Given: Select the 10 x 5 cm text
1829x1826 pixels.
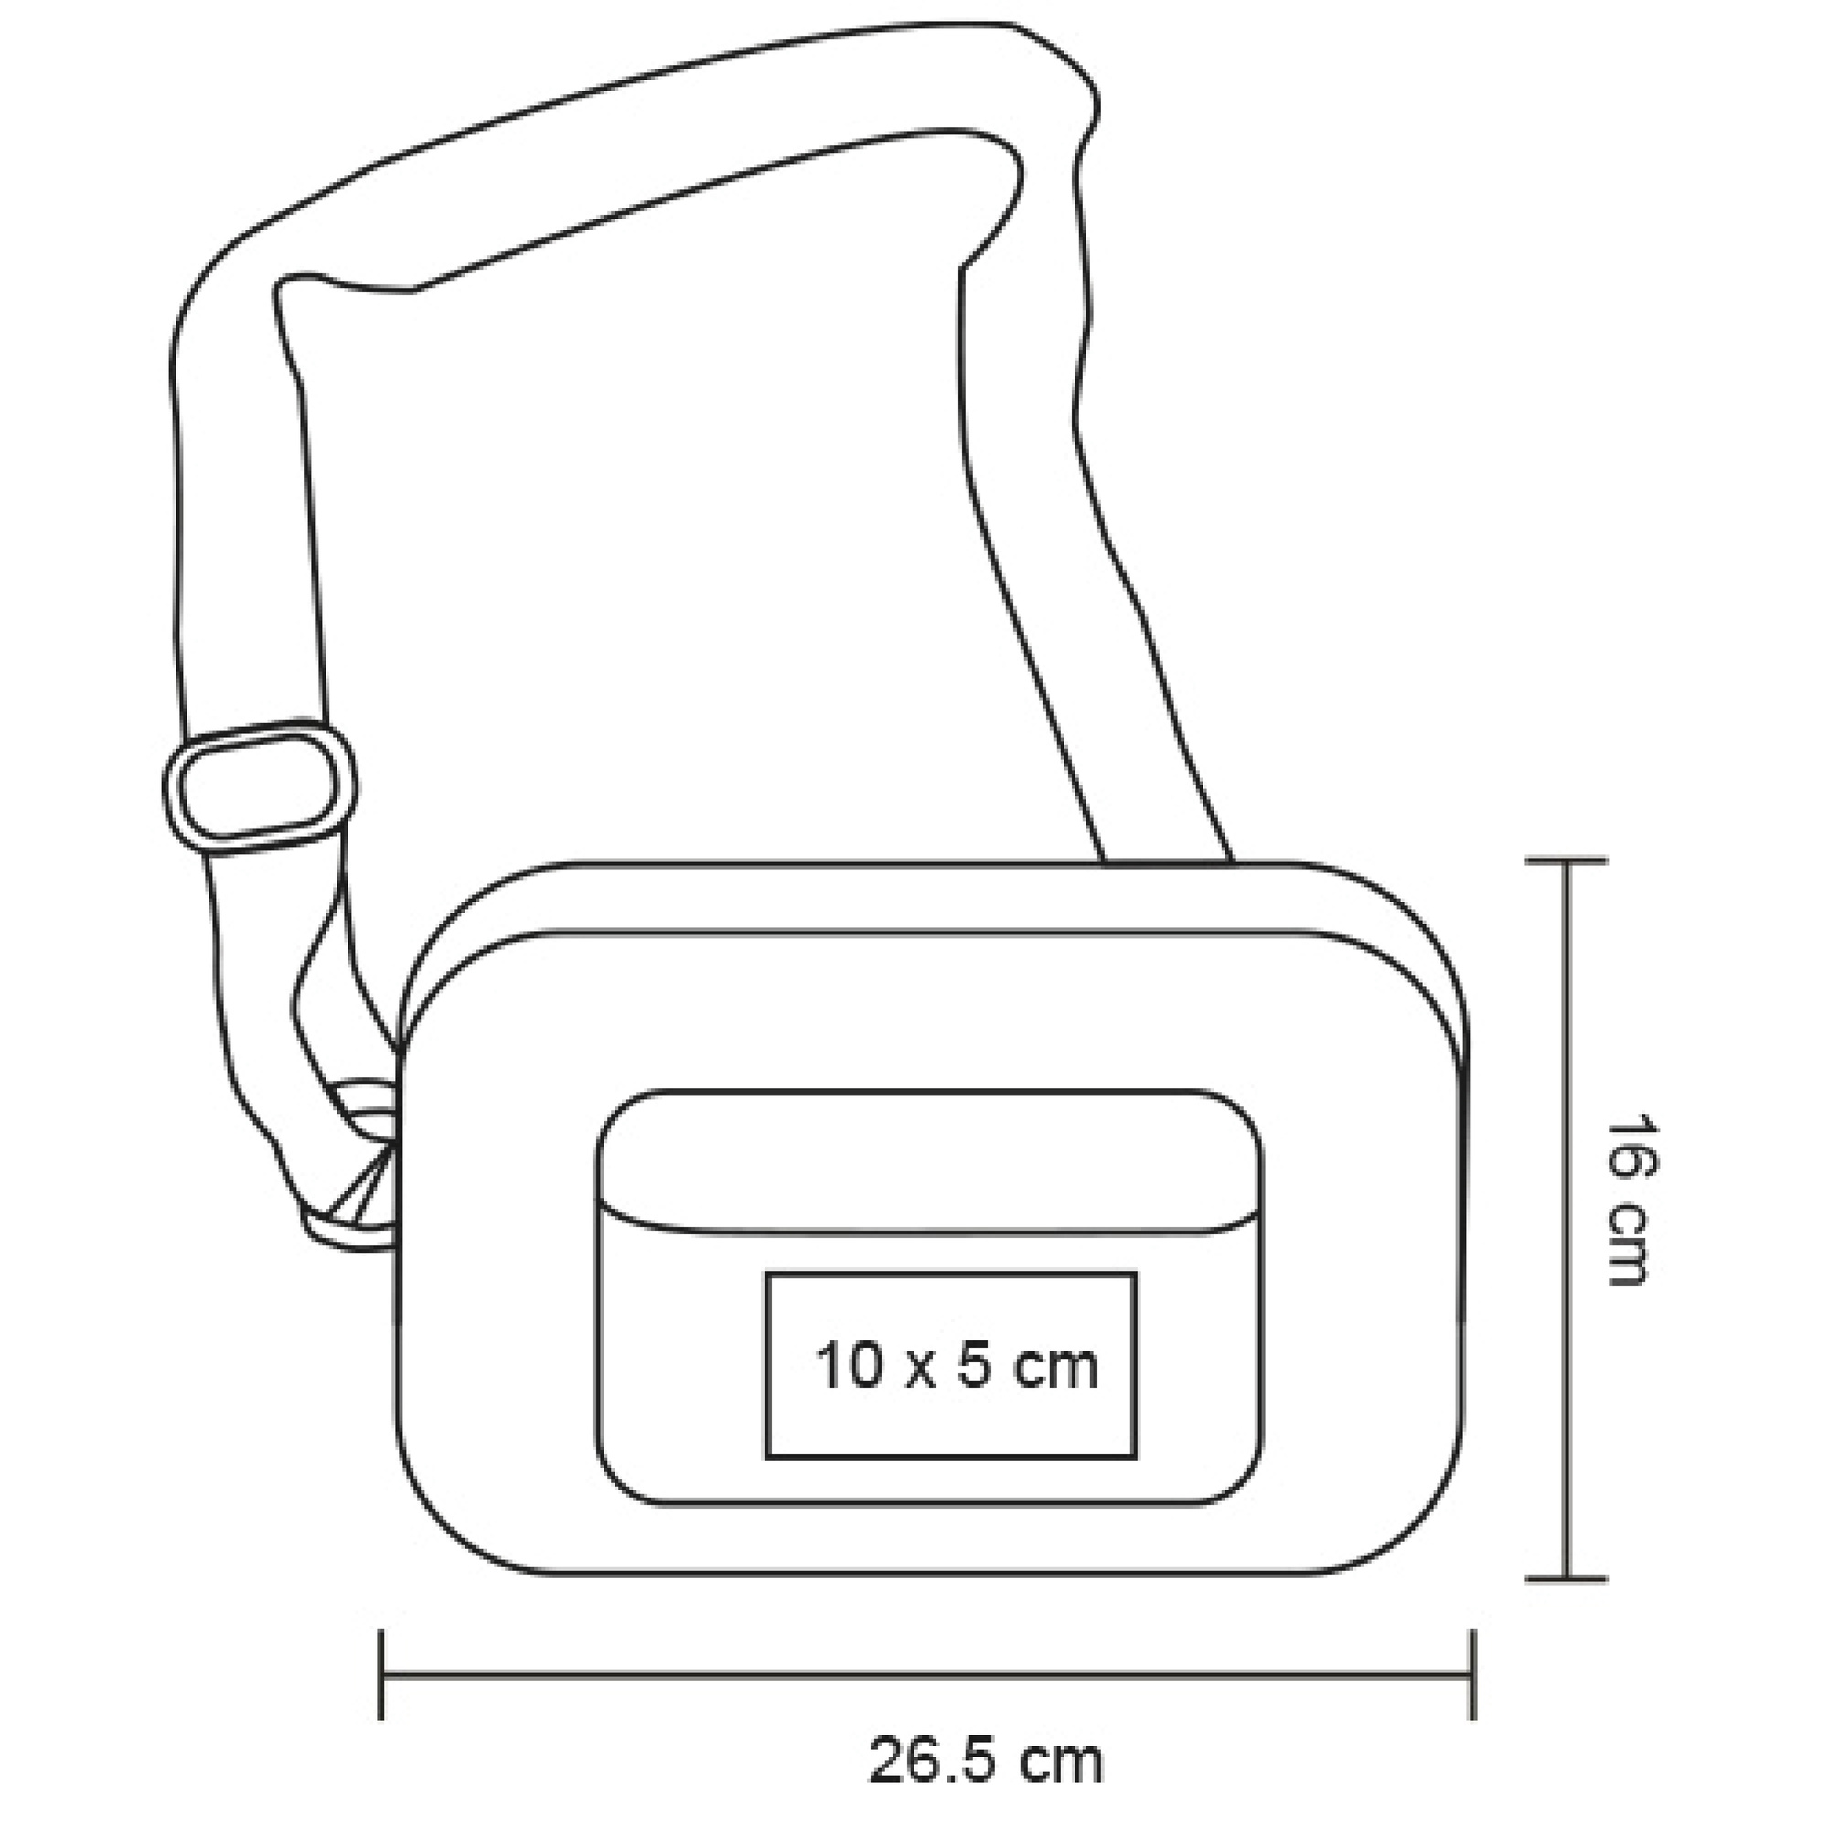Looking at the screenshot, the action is click(957, 1367).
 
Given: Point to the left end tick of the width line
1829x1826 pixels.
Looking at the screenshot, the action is click(380, 1674).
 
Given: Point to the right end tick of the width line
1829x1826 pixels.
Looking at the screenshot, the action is click(1472, 1674).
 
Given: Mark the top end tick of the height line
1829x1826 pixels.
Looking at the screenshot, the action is click(1567, 860).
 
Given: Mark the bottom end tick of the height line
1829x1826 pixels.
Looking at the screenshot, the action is click(1567, 1579).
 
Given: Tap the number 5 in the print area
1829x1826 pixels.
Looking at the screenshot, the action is click(974, 1367).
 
